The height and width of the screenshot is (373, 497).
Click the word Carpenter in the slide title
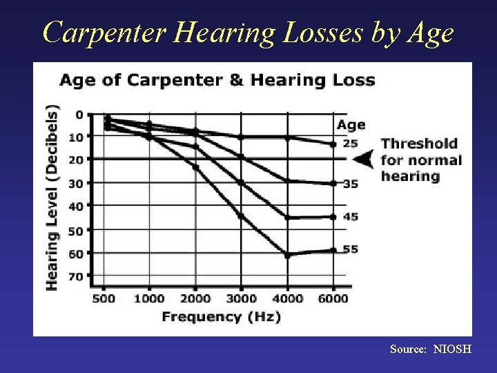click(101, 33)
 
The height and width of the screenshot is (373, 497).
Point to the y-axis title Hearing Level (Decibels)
click(52, 197)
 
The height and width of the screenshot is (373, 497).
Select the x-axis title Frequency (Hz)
click(221, 317)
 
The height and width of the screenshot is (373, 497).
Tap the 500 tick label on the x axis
click(104, 298)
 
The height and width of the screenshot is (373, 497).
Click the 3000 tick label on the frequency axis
click(242, 298)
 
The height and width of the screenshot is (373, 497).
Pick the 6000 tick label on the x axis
click(333, 298)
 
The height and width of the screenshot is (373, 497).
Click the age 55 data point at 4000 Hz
click(287, 256)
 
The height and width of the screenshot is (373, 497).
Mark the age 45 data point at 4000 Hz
click(287, 218)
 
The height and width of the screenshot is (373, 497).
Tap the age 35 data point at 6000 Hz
click(333, 183)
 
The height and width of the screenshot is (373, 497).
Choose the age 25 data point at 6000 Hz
click(333, 144)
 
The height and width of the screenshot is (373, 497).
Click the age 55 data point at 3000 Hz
click(241, 216)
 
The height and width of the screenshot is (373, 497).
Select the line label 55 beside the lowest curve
click(351, 249)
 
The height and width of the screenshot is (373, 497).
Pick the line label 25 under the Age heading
click(351, 144)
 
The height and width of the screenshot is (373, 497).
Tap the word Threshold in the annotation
click(419, 144)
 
